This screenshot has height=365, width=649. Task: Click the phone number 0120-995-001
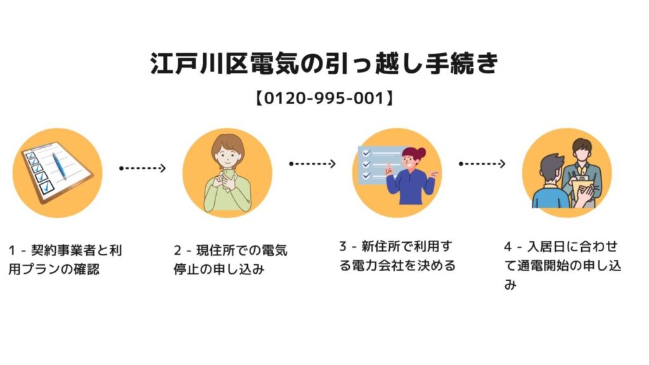point(324,98)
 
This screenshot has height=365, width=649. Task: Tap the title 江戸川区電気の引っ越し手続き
point(324,64)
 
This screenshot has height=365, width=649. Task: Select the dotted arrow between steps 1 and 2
point(143,168)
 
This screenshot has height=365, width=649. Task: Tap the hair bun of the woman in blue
point(421,152)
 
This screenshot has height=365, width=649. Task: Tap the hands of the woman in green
point(224,181)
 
